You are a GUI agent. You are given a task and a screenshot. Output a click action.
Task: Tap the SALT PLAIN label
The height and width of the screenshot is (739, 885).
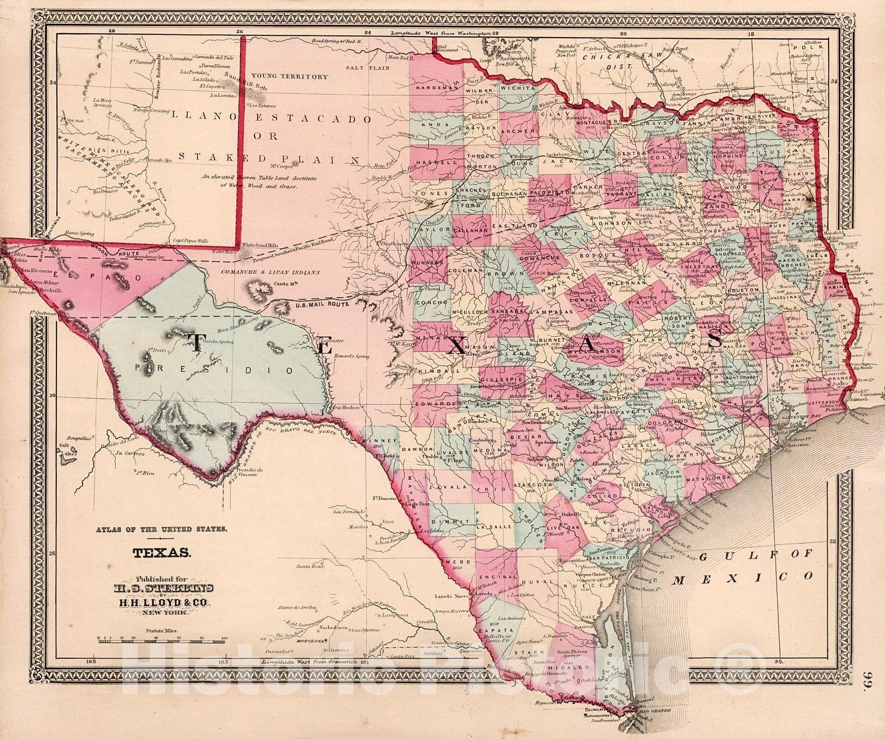coord(368,67)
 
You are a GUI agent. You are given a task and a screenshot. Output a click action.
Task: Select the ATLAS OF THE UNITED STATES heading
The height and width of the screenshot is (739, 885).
coord(160,530)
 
